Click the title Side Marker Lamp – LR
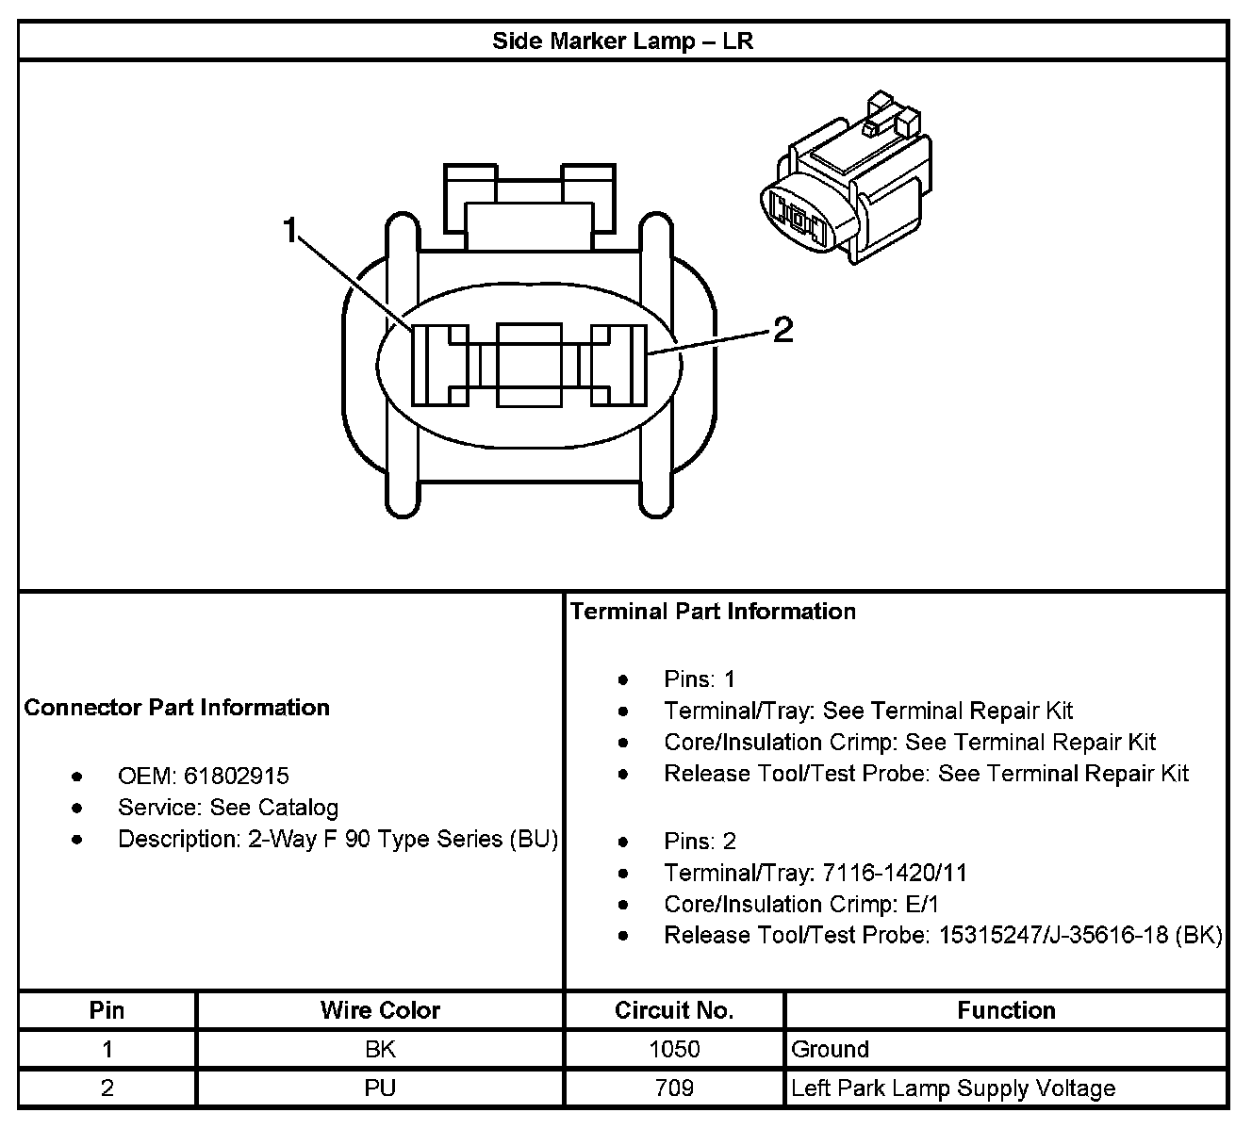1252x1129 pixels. point(622,41)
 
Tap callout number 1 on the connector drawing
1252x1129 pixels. point(291,229)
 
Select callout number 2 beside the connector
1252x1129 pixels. point(783,330)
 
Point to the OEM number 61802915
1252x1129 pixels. point(237,777)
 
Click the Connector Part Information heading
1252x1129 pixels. point(177,708)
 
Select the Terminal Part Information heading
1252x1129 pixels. point(713,612)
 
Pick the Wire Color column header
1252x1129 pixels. point(380,1010)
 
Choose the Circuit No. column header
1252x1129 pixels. point(674,1010)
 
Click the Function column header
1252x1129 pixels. point(1006,1010)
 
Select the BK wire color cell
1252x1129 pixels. point(380,1049)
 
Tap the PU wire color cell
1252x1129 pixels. point(380,1088)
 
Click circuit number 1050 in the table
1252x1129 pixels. point(674,1049)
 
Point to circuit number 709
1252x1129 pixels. point(674,1088)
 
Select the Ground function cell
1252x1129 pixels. point(830,1049)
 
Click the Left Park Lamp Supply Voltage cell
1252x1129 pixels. point(953,1088)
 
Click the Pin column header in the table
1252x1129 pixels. point(107,1010)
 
